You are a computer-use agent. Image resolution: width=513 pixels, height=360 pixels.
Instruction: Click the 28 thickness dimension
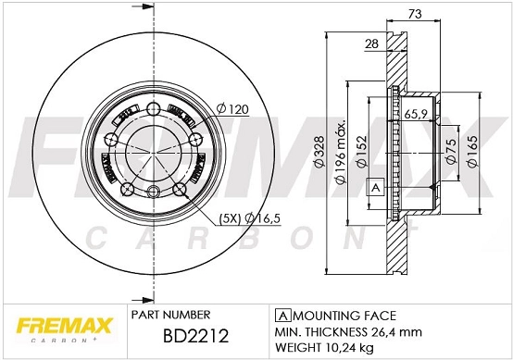pyautogui.click(x=370, y=44)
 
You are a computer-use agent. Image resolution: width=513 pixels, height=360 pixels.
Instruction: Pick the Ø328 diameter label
pyautogui.click(x=317, y=154)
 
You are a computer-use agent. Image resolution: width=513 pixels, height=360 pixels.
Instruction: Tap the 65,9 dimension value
pyautogui.click(x=416, y=115)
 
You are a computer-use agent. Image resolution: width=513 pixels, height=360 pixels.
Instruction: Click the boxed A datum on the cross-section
pyautogui.click(x=375, y=186)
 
